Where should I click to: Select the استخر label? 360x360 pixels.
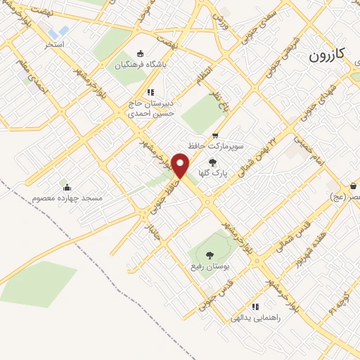(x=55, y=44)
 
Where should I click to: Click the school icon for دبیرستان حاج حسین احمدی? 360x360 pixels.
(x=150, y=92)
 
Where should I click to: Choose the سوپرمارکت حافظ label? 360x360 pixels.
(x=215, y=147)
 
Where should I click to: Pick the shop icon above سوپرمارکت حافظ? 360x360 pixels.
(x=215, y=136)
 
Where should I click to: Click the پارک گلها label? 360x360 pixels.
(x=212, y=172)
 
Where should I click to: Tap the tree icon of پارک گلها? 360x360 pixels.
(x=212, y=162)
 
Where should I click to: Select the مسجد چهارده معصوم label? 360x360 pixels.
(x=67, y=198)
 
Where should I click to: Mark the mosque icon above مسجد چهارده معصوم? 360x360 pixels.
(x=67, y=187)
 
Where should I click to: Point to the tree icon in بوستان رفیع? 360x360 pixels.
(x=208, y=255)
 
